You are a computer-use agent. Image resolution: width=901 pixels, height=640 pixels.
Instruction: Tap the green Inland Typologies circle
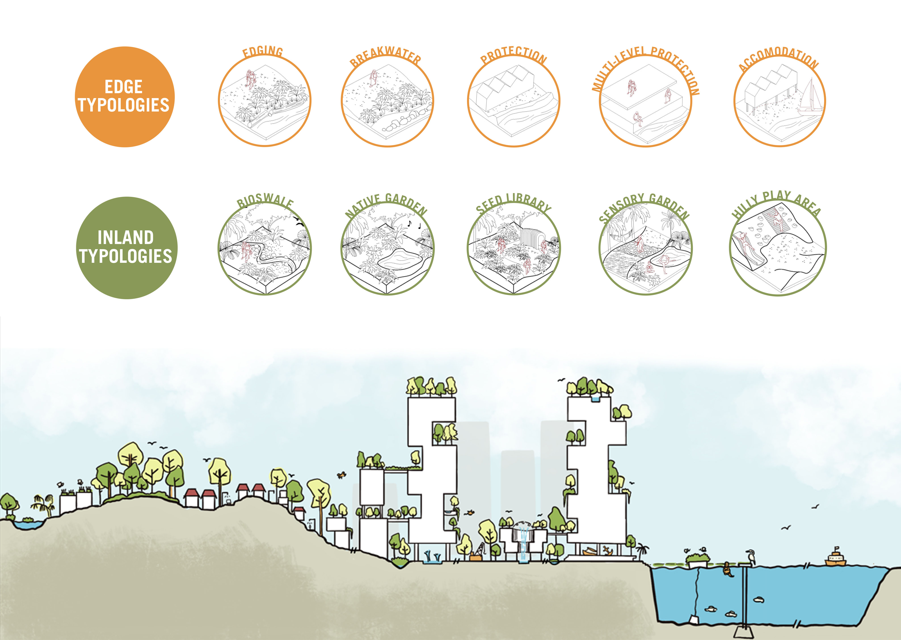(x=126, y=248)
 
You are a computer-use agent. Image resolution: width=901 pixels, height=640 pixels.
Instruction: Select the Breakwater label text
(x=385, y=56)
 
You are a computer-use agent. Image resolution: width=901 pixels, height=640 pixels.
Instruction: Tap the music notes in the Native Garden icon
(x=414, y=225)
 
